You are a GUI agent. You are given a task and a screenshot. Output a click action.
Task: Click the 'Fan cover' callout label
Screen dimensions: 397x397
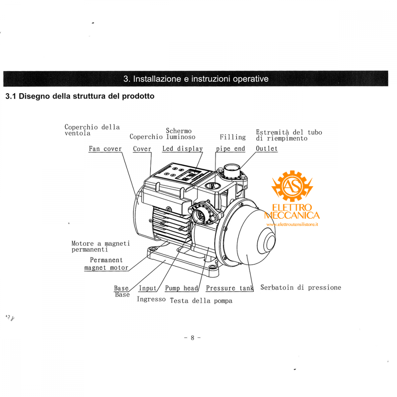[105, 149]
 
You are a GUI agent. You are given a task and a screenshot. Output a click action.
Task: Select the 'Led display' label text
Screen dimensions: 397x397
[182, 149]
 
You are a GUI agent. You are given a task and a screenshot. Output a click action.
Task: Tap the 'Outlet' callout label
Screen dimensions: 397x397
[266, 149]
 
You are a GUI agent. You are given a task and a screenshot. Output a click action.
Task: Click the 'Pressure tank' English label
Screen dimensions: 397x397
[229, 288]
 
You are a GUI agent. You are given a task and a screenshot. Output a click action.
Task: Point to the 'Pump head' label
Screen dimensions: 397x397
[181, 288]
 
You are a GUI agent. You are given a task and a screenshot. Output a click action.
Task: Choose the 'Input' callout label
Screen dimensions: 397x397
[147, 288]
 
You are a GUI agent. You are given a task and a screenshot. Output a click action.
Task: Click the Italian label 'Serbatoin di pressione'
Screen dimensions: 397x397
[301, 287]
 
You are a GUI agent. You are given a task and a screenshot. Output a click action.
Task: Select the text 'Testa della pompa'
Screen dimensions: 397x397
[201, 301]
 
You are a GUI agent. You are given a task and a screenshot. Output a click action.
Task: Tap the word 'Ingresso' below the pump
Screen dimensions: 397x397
[151, 299]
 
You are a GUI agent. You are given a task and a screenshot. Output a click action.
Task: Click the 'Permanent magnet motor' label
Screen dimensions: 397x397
[106, 264]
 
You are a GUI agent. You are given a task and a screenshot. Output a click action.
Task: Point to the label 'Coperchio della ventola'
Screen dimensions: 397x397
[92, 130]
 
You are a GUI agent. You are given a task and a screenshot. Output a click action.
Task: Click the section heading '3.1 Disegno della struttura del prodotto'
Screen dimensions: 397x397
[79, 96]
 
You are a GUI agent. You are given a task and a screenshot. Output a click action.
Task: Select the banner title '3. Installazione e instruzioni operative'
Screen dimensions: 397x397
[196, 79]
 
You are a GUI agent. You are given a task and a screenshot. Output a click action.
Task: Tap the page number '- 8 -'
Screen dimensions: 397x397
[193, 338]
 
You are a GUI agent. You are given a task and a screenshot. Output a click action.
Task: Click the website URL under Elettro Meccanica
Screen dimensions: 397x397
[293, 224]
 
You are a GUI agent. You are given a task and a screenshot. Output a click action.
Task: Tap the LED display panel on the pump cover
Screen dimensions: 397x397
[191, 174]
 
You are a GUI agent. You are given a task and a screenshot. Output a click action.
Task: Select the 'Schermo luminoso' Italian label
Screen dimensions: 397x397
[181, 134]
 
